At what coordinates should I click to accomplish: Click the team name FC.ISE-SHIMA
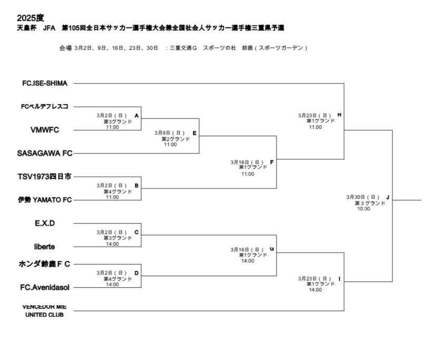point(45,83)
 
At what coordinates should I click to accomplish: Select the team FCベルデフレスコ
point(45,106)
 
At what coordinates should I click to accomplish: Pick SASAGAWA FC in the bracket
point(45,153)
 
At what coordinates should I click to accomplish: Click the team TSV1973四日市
point(45,176)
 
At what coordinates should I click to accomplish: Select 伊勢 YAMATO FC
point(45,199)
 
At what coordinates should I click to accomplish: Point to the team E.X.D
point(45,223)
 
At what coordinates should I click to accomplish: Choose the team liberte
point(45,246)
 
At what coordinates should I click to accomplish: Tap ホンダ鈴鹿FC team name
point(45,264)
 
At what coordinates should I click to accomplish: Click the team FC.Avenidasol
point(45,287)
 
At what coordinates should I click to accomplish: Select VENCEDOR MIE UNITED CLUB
point(44,311)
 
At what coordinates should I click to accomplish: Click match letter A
point(136,115)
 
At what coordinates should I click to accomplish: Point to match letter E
point(194,133)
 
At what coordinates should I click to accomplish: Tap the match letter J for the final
point(387,197)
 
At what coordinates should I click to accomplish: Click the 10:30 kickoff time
point(363,208)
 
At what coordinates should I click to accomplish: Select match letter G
point(271,249)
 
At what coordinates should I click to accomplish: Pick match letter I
point(339,278)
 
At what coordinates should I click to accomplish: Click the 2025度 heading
point(31,18)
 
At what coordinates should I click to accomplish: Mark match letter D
point(136,273)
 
